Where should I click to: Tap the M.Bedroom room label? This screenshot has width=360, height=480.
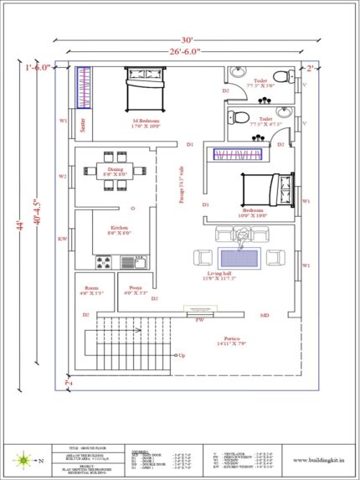147,123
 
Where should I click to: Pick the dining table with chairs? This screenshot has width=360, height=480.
114,163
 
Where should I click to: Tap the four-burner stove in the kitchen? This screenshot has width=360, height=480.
104,263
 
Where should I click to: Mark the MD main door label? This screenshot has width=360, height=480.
264,316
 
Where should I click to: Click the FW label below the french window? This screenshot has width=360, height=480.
200,320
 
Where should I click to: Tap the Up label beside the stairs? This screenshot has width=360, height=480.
182,356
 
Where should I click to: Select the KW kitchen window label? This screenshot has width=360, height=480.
62,239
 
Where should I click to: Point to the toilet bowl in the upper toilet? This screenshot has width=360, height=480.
282,76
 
